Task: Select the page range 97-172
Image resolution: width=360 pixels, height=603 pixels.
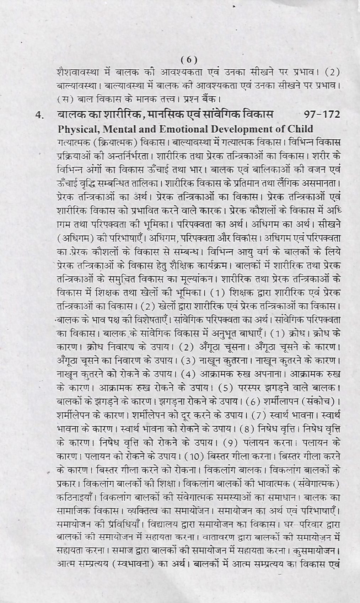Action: [322, 114]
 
